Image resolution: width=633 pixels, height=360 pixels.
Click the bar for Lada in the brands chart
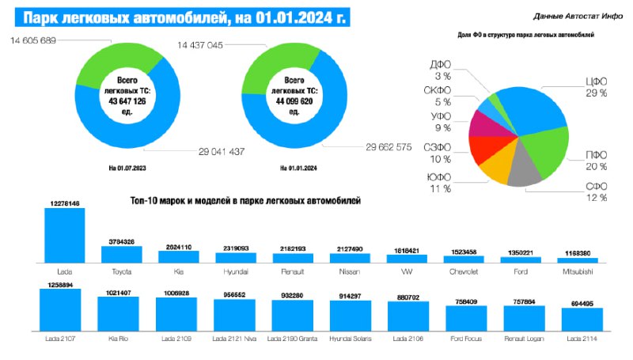pyautogui.click(x=65, y=235)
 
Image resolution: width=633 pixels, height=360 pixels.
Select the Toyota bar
pyautogui.click(x=122, y=254)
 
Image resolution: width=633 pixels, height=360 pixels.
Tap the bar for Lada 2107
pyautogui.click(x=60, y=309)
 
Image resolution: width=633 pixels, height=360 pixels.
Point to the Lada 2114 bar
pyautogui.click(x=582, y=319)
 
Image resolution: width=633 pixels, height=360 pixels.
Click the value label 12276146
pyautogui.click(x=65, y=203)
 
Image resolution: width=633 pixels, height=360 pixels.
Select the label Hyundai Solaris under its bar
pyautogui.click(x=349, y=339)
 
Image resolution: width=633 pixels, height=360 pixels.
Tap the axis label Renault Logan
pyautogui.click(x=525, y=339)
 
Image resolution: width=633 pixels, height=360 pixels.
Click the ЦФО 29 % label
pyautogui.click(x=595, y=87)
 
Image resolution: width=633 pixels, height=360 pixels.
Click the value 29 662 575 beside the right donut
pyautogui.click(x=389, y=146)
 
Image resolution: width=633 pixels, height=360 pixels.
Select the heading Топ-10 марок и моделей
pyautogui.click(x=245, y=202)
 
